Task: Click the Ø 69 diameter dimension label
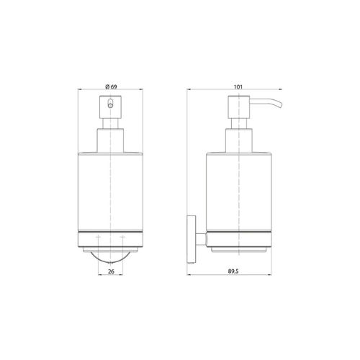pyautogui.click(x=111, y=86)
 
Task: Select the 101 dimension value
pyautogui.click(x=238, y=87)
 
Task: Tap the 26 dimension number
pyautogui.click(x=111, y=271)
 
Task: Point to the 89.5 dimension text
pyautogui.click(x=233, y=271)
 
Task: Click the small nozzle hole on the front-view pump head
pyautogui.click(x=110, y=106)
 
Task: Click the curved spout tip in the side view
pyautogui.click(x=279, y=105)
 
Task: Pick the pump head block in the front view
pyautogui.click(x=110, y=107)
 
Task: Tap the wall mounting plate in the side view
pyautogui.click(x=192, y=239)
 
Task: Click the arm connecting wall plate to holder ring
pyautogui.click(x=201, y=239)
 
